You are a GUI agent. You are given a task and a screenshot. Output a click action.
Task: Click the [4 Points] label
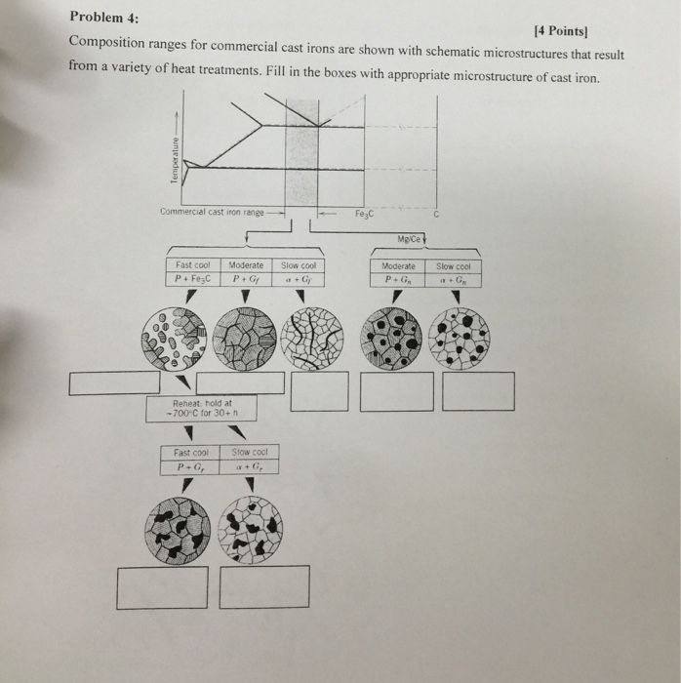[575, 33]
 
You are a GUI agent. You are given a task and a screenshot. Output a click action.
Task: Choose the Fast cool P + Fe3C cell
[193, 272]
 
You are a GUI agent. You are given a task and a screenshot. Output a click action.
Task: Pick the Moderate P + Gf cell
[246, 272]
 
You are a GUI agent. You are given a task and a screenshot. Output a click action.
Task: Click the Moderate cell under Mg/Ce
[398, 272]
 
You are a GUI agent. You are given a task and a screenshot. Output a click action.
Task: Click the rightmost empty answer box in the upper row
[478, 391]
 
